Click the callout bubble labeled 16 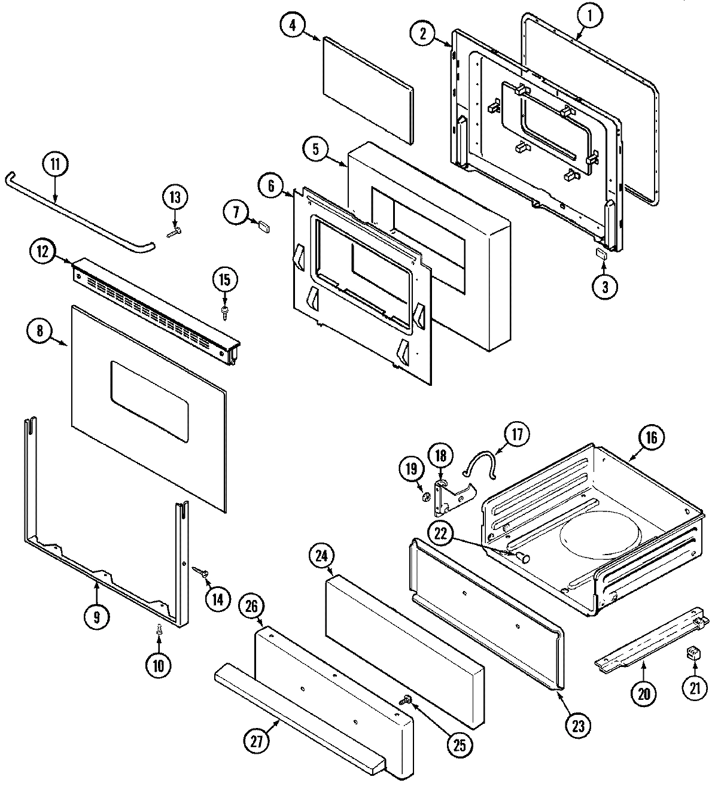coord(651,438)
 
